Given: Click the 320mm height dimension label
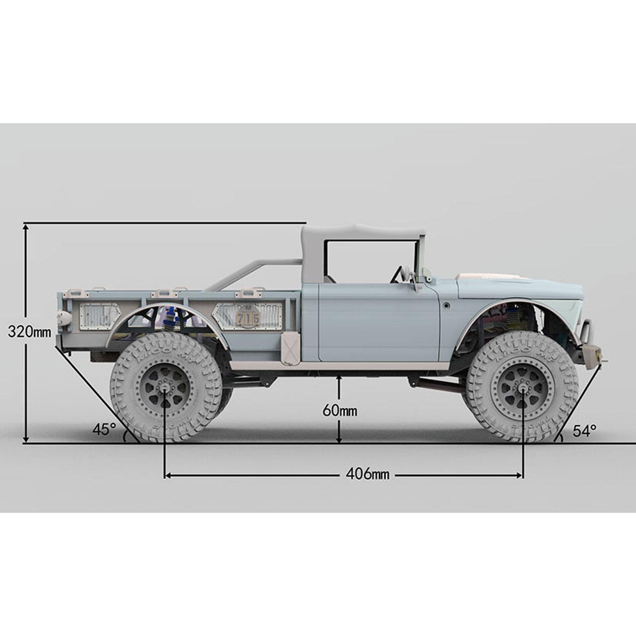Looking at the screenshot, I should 29,332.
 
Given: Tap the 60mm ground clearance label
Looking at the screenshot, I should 340,410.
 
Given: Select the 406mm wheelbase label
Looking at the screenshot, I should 367,473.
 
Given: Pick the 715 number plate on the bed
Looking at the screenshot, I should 248,318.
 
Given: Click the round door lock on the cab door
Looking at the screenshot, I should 446,305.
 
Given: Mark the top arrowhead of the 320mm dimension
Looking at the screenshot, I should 26,227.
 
